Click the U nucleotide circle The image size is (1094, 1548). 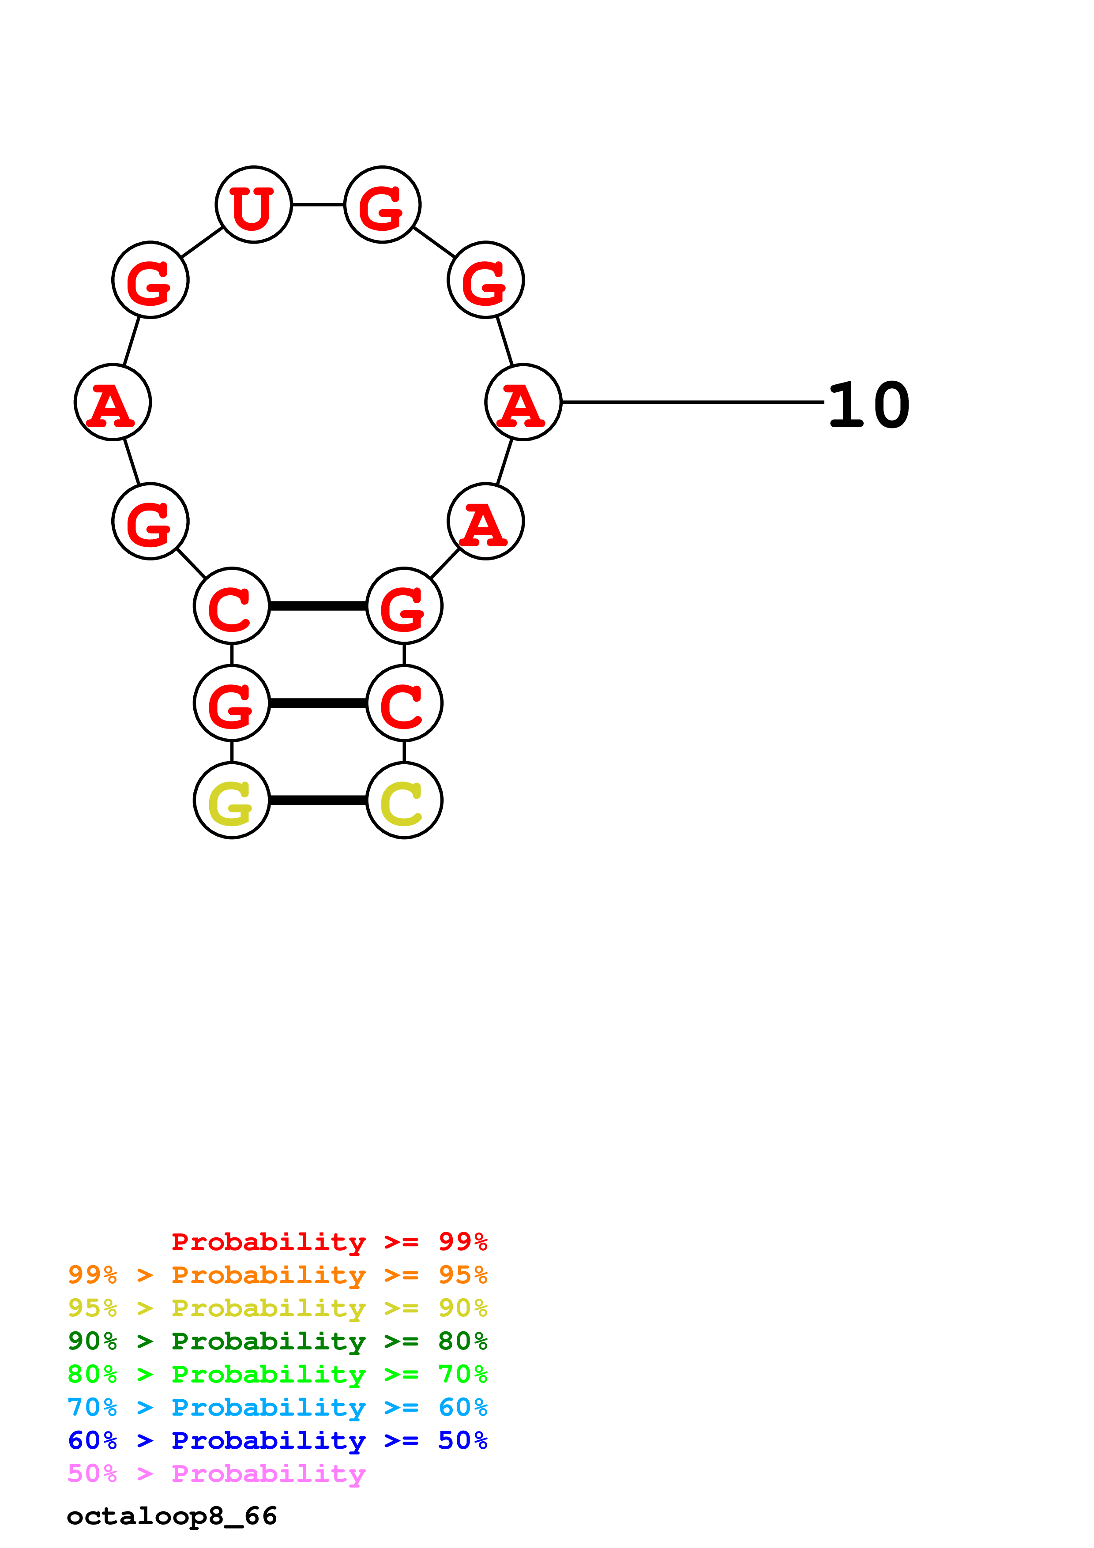coord(253,204)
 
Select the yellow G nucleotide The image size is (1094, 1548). coord(232,800)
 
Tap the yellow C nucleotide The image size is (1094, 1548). coord(404,800)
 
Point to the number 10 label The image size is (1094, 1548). coord(869,405)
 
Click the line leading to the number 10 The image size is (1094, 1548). coord(692,402)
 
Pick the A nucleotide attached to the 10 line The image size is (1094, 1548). coord(523,402)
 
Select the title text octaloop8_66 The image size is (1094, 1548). coord(172,1516)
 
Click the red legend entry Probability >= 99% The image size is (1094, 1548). coord(329,1241)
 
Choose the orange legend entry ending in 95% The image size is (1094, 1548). coord(277,1274)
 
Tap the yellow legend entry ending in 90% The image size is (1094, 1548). coord(277,1308)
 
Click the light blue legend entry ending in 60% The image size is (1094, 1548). coord(277,1407)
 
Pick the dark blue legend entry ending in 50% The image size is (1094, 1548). coord(277,1440)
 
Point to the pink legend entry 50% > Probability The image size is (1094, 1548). coord(216,1473)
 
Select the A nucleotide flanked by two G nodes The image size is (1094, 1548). coord(113,402)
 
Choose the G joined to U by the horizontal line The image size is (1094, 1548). coord(382,204)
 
